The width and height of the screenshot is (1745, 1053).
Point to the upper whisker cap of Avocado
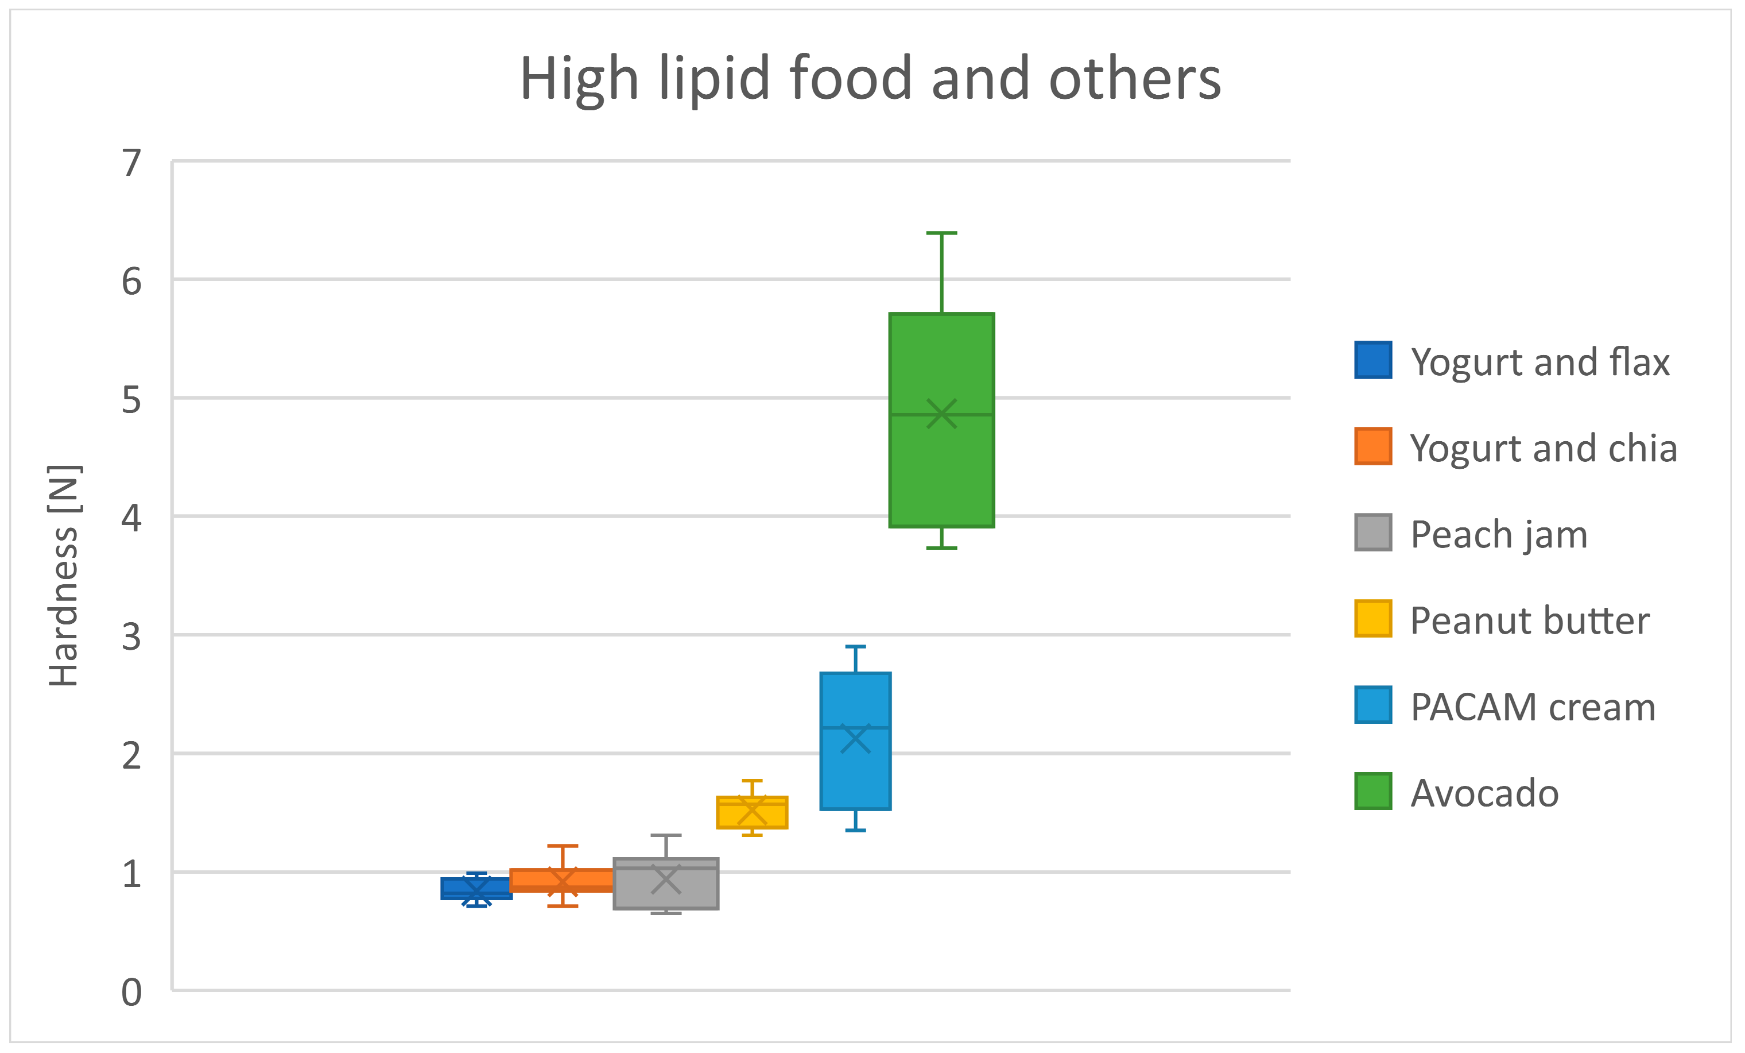pos(941,233)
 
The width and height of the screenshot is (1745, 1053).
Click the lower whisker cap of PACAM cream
pos(855,830)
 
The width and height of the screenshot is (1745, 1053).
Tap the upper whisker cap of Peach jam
pos(666,835)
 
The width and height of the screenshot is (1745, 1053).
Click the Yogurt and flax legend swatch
pos(1372,360)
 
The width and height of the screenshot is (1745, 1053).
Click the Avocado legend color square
pos(1372,791)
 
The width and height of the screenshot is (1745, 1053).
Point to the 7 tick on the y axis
pos(131,163)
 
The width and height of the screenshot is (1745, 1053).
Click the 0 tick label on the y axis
pos(131,992)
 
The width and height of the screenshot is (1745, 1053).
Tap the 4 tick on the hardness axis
pos(131,518)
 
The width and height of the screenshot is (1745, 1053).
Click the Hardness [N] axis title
pos(64,576)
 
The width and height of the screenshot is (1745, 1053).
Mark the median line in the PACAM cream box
pos(855,728)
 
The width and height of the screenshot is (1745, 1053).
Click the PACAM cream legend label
pos(1532,707)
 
